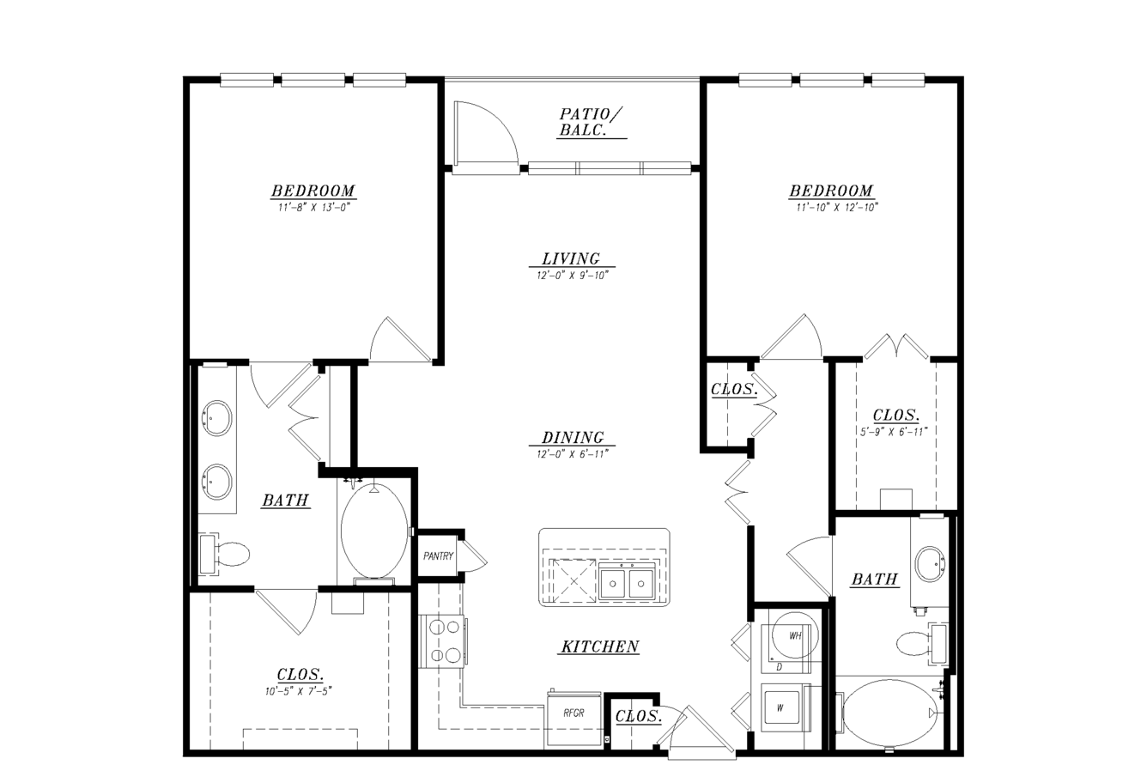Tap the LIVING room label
tap(571, 258)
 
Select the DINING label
tap(573, 438)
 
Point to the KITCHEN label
tap(600, 646)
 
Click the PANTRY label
tap(439, 555)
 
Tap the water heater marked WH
tap(794, 635)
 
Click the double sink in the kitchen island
tap(627, 580)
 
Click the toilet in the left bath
tap(224, 554)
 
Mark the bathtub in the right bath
tap(889, 713)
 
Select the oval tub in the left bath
tap(374, 530)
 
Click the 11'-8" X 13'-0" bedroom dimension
tap(313, 208)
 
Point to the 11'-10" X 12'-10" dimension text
tap(837, 208)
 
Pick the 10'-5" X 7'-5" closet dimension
tap(299, 691)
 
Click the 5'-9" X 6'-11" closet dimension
tap(894, 432)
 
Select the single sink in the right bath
tap(930, 564)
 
